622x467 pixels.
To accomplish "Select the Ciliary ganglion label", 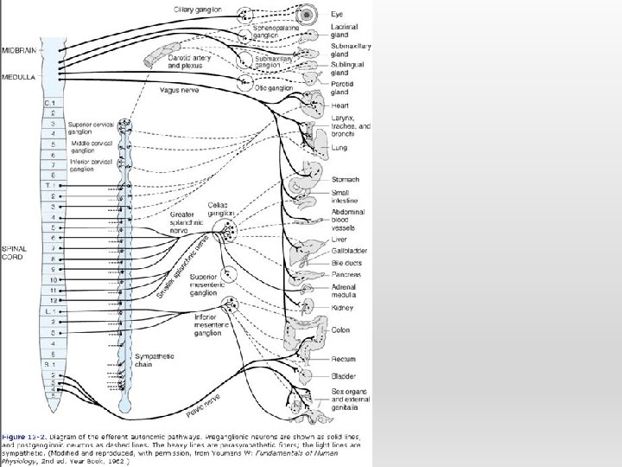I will tap(198, 10).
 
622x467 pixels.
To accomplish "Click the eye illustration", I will tap(306, 16).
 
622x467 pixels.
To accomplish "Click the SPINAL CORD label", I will tap(15, 252).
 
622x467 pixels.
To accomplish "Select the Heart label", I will tap(340, 106).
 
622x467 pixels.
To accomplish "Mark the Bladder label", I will tap(342, 376).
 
